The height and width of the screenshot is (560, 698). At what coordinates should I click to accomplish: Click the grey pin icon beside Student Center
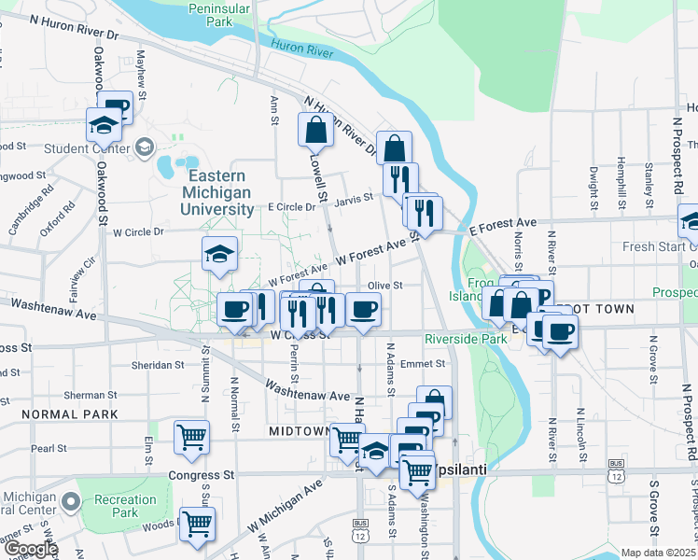click(x=145, y=147)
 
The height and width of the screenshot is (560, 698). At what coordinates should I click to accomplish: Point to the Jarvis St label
click(x=355, y=197)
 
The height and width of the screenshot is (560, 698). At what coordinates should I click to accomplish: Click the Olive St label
click(x=384, y=286)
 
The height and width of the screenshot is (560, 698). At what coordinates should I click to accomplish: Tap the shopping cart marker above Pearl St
click(x=191, y=434)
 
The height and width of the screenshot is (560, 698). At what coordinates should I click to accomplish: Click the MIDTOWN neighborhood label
click(x=299, y=431)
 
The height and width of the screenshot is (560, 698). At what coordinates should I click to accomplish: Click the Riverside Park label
click(x=466, y=339)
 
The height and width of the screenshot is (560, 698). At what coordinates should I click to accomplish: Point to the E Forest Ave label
click(x=503, y=224)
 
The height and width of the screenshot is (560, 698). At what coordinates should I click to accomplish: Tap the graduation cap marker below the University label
click(x=219, y=254)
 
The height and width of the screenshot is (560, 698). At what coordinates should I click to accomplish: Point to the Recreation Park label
click(x=125, y=506)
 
